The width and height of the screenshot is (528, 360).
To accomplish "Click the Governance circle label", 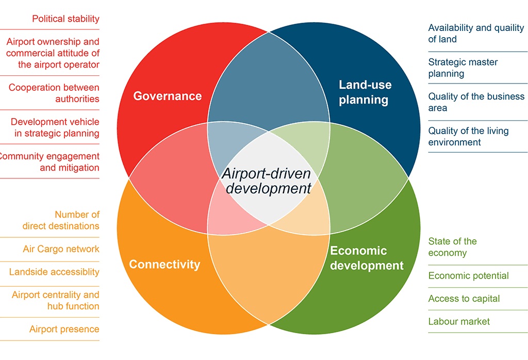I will coord(168,96).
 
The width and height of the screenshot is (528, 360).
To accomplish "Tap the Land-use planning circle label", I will coord(365,92).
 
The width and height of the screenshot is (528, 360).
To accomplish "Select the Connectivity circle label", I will coord(164,265).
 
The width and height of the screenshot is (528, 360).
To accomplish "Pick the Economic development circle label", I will coord(367,258).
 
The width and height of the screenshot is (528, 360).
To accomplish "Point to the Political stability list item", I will coord(65,19).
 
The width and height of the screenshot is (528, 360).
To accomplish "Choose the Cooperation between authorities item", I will coord(54,93).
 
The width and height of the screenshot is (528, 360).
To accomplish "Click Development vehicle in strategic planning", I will coord(55,127).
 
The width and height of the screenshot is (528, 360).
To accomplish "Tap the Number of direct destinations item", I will coord(61,220).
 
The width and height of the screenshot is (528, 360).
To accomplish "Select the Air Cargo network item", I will coord(61,249).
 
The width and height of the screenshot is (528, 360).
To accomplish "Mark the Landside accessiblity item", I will coord(54,272).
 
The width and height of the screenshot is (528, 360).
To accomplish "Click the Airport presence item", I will coord(64,329).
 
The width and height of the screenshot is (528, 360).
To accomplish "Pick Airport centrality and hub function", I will coord(55,300).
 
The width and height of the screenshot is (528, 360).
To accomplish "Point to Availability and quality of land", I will coord(475,34).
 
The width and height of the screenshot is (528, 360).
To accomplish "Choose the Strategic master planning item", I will coord(463,68).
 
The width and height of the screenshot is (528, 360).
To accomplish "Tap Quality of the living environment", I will coord(468,136).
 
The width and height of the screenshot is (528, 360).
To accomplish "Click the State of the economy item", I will coord(452,247).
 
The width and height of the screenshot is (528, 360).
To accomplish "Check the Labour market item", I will coord(459,321).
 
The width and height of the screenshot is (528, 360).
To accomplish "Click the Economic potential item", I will coord(468,276).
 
